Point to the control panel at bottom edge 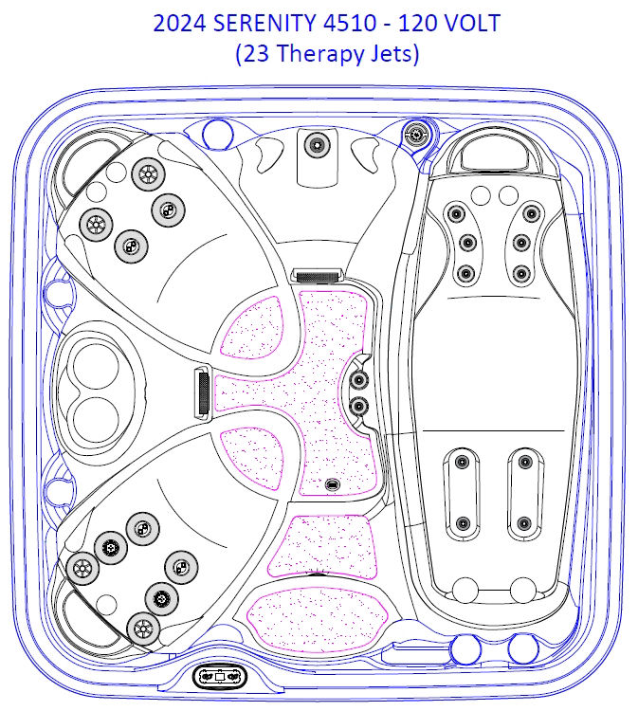coord(219,677)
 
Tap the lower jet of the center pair coord(358,407)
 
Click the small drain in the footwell coord(332,484)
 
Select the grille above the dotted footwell coord(316,275)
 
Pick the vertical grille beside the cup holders coord(203,392)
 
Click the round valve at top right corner coord(415,134)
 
